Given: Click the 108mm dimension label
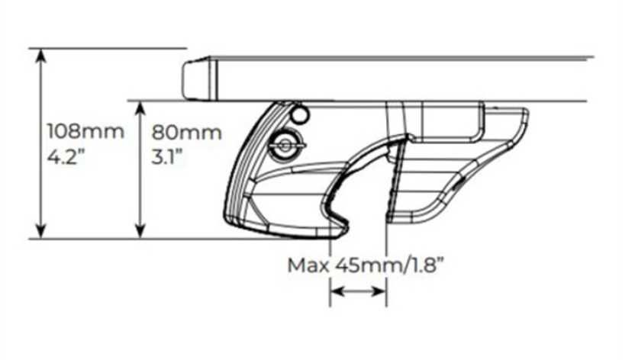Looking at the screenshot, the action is pos(85,132).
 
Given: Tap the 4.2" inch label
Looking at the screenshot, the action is pos(67,156).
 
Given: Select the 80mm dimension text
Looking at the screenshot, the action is pos(186,133).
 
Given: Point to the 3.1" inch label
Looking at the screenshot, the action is pos(167,157).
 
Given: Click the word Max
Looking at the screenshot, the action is pos(308,265).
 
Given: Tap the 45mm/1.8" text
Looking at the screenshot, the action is pos(389,265).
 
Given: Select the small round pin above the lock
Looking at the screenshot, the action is pos(300,115).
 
